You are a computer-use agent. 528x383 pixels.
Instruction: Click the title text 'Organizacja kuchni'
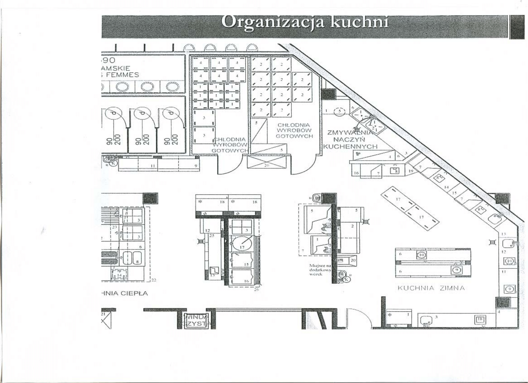click(305, 22)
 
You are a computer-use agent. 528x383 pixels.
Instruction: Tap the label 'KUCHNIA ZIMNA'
click(431, 288)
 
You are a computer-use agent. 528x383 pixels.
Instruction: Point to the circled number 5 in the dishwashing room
click(340, 111)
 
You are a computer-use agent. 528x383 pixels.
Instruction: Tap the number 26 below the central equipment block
click(256, 289)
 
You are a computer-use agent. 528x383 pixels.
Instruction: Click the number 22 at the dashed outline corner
click(154, 280)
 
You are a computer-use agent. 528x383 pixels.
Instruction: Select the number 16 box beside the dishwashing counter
click(356, 173)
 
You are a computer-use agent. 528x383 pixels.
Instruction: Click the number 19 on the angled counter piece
click(411, 171)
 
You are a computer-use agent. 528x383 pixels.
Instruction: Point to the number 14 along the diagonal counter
click(446, 187)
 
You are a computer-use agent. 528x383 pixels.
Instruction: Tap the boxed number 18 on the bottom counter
click(480, 319)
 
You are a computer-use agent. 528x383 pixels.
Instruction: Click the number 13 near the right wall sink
click(503, 234)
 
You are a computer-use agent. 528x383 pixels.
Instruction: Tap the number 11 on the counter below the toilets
click(153, 166)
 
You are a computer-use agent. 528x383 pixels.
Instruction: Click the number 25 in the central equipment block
click(212, 235)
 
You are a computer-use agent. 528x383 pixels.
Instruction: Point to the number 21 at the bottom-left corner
click(103, 314)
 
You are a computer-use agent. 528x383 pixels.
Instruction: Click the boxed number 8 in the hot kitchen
click(137, 262)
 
